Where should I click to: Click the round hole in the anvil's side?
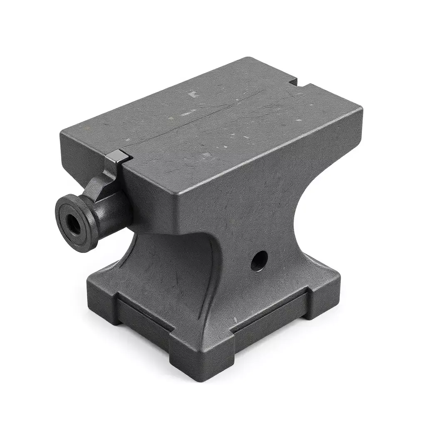(x=259, y=261)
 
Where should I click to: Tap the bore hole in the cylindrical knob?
(x=74, y=224)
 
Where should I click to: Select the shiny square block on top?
(x=117, y=157)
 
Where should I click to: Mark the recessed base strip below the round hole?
(x=270, y=316)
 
